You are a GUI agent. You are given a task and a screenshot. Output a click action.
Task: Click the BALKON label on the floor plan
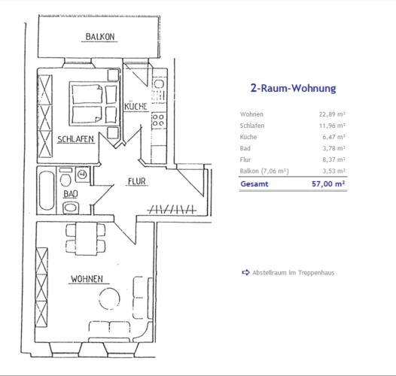point(100,37)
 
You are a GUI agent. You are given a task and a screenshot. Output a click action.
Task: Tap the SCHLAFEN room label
point(75,139)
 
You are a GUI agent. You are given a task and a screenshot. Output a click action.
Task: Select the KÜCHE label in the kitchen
point(136,106)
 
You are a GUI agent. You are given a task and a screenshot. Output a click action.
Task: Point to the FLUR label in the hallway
point(136,181)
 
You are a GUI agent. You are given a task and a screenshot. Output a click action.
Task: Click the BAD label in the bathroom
point(71,194)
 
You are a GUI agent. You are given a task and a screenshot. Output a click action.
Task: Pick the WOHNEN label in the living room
point(87,279)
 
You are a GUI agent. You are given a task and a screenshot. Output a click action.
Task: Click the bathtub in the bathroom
point(47,190)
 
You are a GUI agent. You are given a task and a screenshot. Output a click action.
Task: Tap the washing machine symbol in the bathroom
point(82,174)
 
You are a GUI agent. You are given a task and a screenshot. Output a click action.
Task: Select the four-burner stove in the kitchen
point(158,120)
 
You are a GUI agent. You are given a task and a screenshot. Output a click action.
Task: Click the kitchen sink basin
point(159,84)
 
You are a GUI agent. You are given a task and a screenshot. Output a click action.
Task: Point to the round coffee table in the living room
point(109,299)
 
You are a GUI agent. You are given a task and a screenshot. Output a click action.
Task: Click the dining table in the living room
point(86,238)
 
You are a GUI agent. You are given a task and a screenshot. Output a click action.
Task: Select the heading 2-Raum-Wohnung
point(293,88)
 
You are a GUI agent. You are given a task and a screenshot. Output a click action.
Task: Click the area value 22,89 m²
point(332,114)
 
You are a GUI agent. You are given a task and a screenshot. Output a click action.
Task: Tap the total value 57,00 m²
point(328,183)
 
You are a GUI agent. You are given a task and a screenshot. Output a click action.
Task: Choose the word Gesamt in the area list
point(254,183)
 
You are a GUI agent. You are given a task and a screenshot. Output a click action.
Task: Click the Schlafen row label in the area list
point(252,126)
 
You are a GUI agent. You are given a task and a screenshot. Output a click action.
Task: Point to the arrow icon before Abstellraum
point(245,272)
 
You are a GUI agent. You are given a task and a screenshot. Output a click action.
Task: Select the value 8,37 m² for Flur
point(334,159)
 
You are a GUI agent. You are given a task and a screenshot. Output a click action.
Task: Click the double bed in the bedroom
point(94,104)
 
